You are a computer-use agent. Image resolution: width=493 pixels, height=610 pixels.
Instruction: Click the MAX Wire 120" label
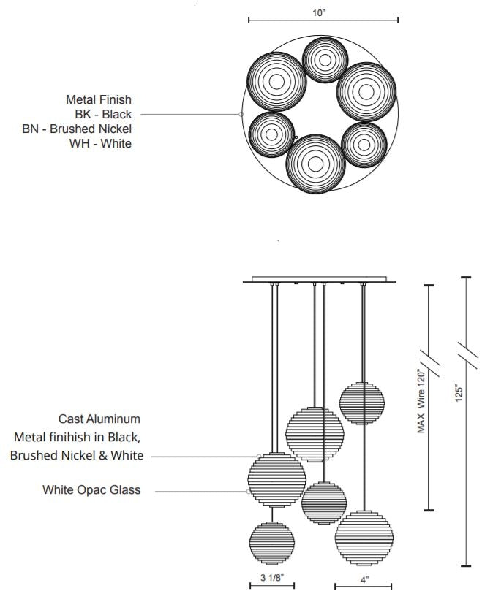tap(422, 400)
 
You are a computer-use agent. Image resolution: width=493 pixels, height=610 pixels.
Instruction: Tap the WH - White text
tap(100, 143)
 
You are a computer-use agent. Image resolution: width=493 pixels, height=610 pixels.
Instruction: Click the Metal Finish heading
tap(99, 99)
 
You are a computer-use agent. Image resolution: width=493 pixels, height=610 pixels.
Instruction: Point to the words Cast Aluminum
tap(99, 419)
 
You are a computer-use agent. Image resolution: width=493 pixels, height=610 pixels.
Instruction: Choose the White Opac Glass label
tap(91, 489)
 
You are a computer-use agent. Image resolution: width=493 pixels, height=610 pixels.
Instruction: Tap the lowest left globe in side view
tap(271, 544)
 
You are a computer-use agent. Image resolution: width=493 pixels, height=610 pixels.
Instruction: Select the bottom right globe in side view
tap(364, 537)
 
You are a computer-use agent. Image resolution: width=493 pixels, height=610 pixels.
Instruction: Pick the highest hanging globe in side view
tap(362, 403)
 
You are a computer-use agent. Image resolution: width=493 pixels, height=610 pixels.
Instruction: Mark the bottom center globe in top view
tap(315, 164)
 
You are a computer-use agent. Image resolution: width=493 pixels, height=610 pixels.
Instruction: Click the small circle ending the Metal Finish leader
tap(241, 115)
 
